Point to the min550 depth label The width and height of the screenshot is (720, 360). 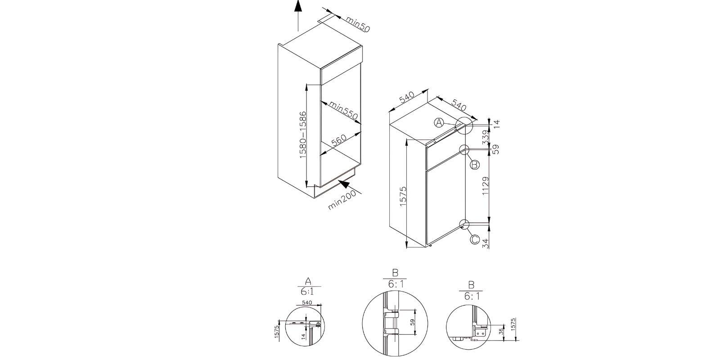tap(343, 111)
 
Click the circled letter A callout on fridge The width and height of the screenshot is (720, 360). tap(440, 123)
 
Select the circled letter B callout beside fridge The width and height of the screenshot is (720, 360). tap(474, 165)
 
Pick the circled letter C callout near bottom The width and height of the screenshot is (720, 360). tap(475, 239)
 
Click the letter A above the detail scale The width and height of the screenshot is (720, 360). tap(308, 281)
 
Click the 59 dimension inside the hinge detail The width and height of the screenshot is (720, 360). tap(413, 322)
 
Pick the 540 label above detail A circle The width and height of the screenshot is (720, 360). tap(307, 302)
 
